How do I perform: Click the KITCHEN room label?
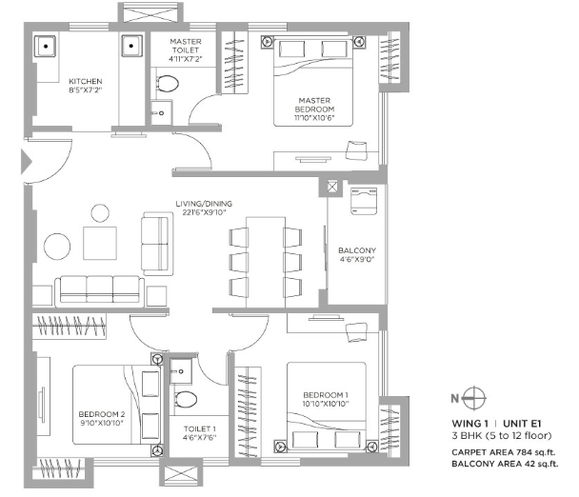[86, 81]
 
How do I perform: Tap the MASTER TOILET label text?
[186, 46]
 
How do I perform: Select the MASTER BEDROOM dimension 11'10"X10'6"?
[314, 118]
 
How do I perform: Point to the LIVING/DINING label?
[204, 204]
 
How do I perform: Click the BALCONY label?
[357, 250]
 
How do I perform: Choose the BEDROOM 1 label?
[326, 395]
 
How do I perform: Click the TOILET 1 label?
[200, 428]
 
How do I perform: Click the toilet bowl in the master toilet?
[168, 84]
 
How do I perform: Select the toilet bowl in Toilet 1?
[186, 400]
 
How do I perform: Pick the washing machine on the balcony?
[364, 201]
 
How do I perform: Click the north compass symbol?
[474, 398]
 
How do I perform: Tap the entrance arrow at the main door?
[27, 161]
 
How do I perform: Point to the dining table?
[266, 262]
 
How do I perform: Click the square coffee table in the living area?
[100, 244]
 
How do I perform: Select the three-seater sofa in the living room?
[99, 291]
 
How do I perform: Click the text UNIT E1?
[522, 424]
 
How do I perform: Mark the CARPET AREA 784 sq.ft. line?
[504, 452]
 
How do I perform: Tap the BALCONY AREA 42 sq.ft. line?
[505, 464]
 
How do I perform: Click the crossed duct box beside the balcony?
[332, 187]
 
